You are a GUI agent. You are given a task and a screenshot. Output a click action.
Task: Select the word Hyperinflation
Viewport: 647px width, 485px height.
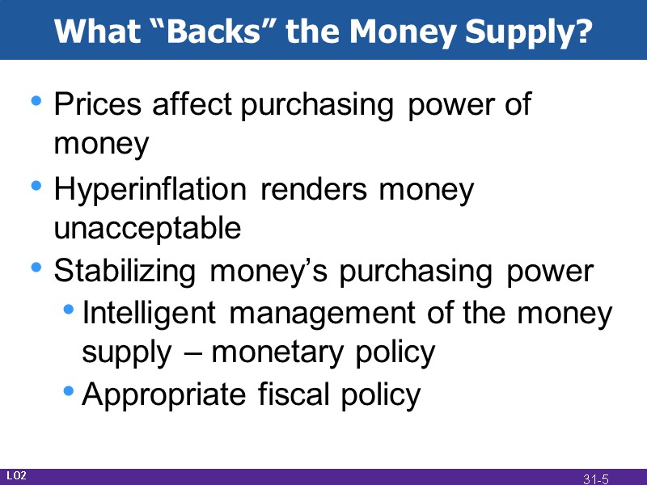pyautogui.click(x=150, y=191)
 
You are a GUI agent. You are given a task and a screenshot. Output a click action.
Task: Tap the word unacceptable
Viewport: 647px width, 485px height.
pyautogui.click(x=147, y=229)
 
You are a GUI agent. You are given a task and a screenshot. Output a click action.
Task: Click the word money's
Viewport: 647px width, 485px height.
pyautogui.click(x=271, y=272)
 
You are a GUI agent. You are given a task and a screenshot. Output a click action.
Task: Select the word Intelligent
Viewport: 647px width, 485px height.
pyautogui.click(x=150, y=313)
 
